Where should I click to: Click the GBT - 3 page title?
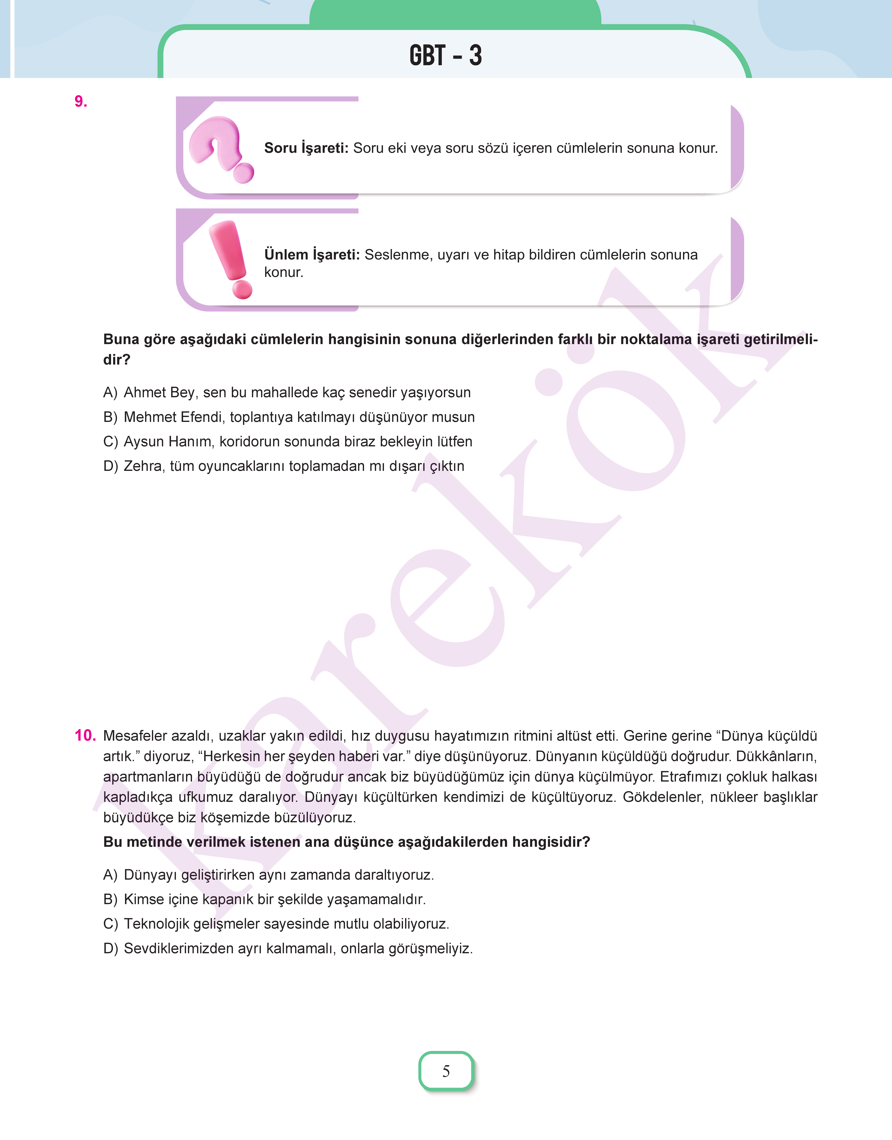(x=445, y=55)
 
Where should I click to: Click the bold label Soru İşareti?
(x=306, y=148)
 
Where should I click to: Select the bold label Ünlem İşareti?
(x=312, y=255)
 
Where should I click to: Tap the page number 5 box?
(x=446, y=1071)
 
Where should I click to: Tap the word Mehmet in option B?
(x=150, y=417)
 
